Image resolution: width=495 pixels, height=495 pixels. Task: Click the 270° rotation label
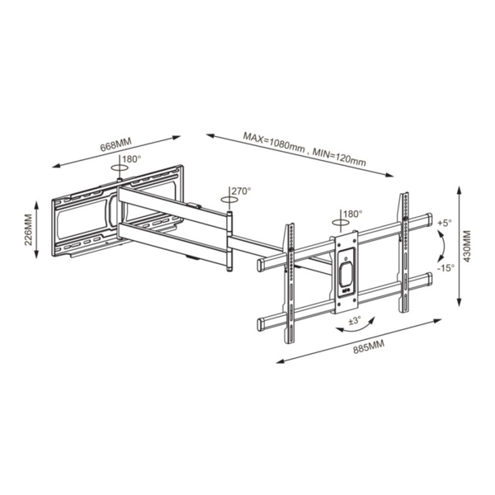(241, 191)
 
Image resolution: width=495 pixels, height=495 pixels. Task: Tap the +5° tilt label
(445, 223)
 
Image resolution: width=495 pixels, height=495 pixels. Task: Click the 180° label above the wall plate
(132, 159)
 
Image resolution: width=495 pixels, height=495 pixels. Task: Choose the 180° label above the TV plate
(352, 214)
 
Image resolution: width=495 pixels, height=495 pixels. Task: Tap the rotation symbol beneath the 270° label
(227, 199)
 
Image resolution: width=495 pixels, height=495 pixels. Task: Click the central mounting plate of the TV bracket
(345, 272)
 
